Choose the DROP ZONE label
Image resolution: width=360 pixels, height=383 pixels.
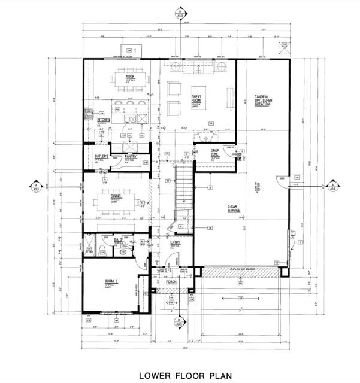coord(214,153)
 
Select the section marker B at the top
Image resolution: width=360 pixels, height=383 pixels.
coord(179,11)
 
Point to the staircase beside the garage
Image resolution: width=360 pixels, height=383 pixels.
coord(183,191)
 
